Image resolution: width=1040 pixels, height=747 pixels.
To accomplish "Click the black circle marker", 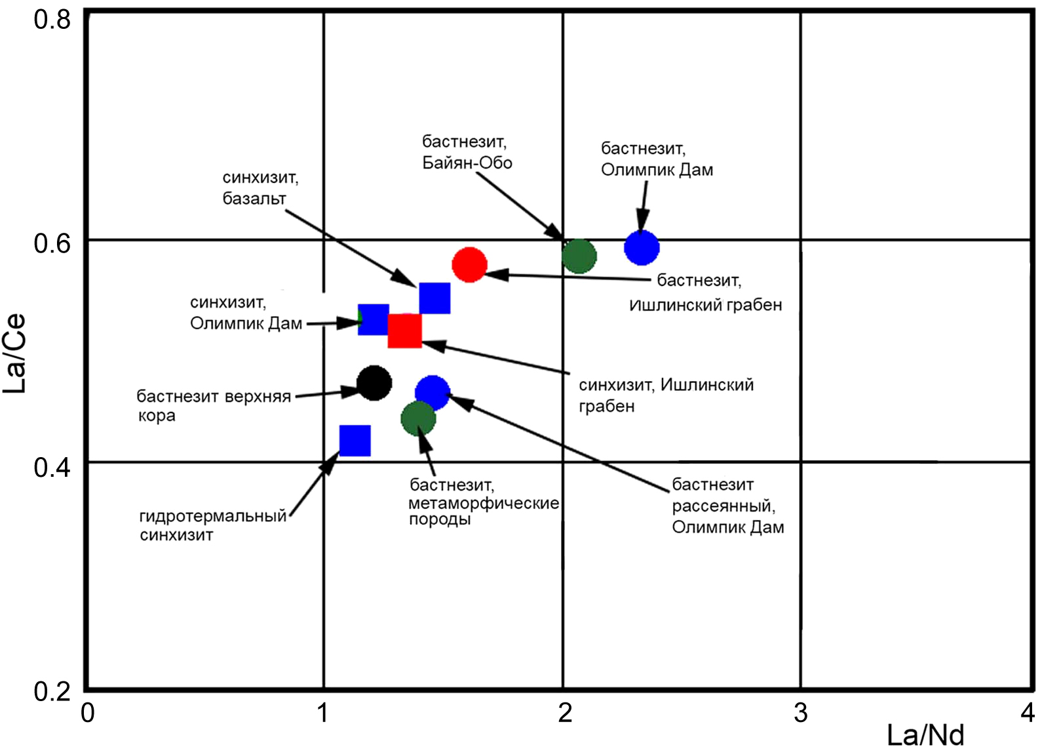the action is click(x=374, y=383).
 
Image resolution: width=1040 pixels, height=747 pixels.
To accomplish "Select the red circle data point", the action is click(x=469, y=265).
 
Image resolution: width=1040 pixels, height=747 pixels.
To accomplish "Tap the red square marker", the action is click(x=405, y=331).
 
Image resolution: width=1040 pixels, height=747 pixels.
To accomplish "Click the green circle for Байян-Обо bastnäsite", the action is click(x=579, y=256).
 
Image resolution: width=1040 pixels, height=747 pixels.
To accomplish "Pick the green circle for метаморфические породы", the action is click(x=418, y=418).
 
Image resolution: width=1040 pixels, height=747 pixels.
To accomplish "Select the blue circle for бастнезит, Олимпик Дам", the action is click(x=642, y=248).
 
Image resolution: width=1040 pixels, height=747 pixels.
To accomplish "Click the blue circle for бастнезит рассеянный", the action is click(x=433, y=393).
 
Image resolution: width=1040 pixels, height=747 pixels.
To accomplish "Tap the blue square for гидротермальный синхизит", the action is click(x=355, y=441).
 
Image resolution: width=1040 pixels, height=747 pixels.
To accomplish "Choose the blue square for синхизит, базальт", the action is click(x=434, y=298).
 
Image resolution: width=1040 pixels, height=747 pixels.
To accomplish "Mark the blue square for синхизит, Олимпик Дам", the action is click(x=374, y=319).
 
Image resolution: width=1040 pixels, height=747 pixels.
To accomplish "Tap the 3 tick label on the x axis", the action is click(x=800, y=713).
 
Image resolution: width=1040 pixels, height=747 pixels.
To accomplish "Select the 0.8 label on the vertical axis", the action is click(x=52, y=20).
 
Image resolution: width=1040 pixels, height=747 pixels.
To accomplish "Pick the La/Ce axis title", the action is click(x=14, y=354).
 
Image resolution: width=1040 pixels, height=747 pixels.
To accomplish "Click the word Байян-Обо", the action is click(x=467, y=163).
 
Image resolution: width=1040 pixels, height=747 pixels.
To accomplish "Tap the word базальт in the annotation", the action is click(x=254, y=199).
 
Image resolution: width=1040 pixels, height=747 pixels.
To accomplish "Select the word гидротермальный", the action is click(x=213, y=516).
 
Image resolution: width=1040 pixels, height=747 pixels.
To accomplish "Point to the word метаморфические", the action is click(x=484, y=502).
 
